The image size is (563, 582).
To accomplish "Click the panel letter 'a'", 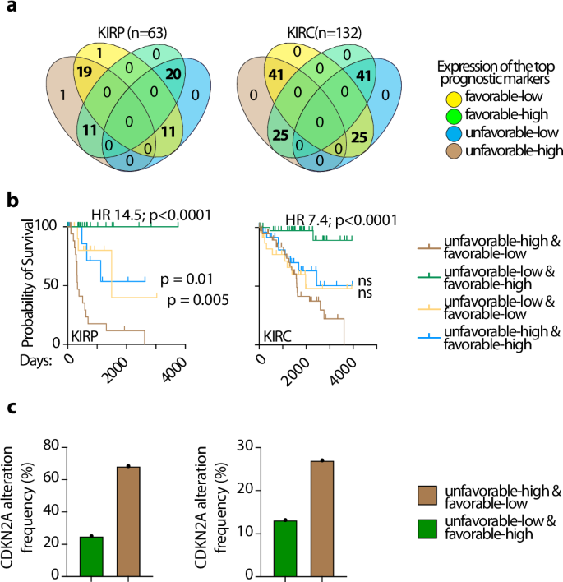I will (x=11, y=10).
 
